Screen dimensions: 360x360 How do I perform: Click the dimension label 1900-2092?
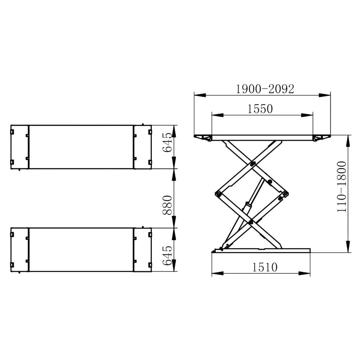[265, 89]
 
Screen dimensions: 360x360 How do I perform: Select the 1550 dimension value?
[260, 109]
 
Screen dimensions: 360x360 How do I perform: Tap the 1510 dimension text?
[265, 267]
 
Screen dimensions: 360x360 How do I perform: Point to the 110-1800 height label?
[342, 187]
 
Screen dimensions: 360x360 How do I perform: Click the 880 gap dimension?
[167, 205]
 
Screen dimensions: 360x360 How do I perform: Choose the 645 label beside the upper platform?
[167, 142]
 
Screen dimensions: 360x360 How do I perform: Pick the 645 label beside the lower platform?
[167, 256]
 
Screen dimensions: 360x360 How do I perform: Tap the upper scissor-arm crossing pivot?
[253, 164]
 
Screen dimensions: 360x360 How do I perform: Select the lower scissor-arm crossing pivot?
[251, 222]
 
